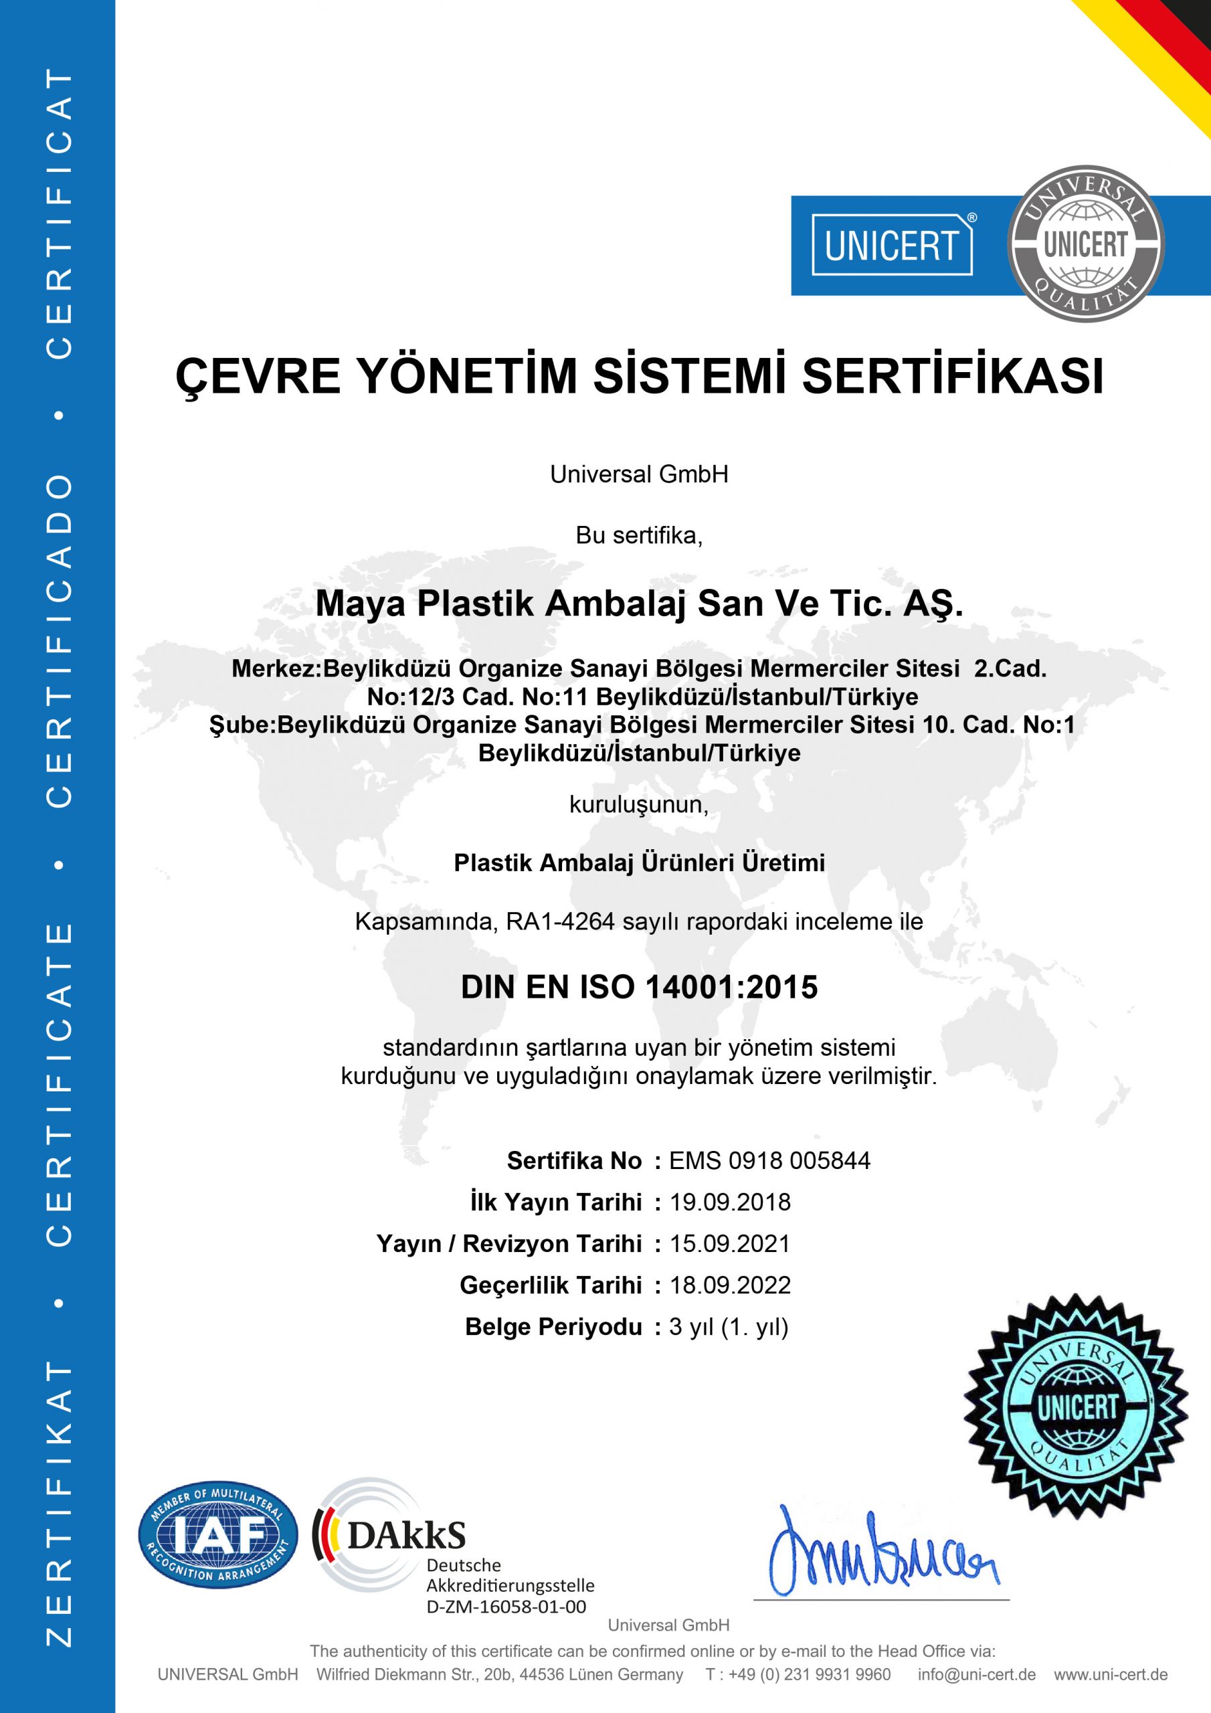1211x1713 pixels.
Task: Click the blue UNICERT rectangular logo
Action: click(x=892, y=246)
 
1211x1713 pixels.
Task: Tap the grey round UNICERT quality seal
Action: click(x=1085, y=244)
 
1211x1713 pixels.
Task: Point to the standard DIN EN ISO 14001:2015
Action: click(x=639, y=987)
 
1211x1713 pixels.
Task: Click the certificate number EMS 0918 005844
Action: click(x=769, y=1160)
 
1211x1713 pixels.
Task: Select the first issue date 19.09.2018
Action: click(x=730, y=1202)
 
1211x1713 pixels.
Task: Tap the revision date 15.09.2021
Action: click(x=730, y=1243)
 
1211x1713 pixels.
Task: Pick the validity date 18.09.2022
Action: click(x=730, y=1285)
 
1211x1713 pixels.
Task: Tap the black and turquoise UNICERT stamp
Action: click(x=1075, y=1406)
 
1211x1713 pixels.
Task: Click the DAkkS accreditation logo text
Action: click(x=407, y=1535)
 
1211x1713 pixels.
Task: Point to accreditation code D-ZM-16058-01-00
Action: click(x=506, y=1607)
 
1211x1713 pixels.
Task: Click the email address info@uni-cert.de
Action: click(x=976, y=1674)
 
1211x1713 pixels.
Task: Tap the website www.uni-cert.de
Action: click(x=1110, y=1674)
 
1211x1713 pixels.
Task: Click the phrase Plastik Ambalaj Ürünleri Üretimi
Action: click(x=639, y=863)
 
